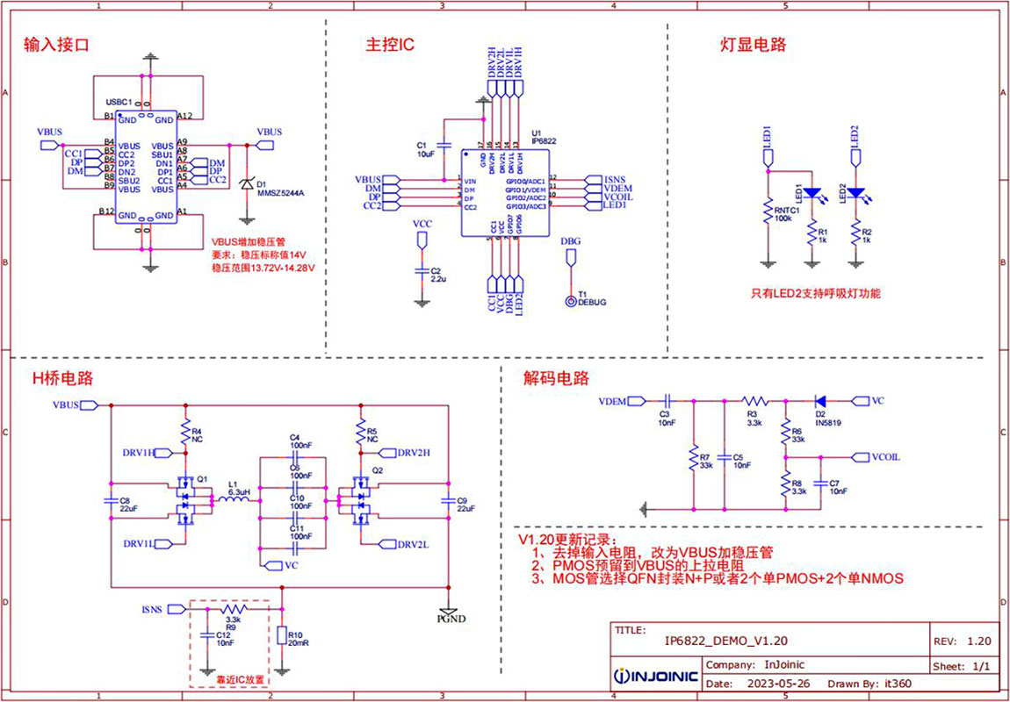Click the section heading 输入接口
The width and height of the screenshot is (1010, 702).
tap(57, 43)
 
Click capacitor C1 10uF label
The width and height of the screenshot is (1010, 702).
tap(425, 149)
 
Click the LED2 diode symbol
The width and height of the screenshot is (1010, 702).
tap(855, 192)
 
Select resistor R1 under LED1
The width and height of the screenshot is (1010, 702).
tap(812, 234)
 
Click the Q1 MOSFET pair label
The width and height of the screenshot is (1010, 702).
tap(202, 478)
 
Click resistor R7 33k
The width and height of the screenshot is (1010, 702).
tap(694, 458)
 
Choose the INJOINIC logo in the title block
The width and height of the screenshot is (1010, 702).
tap(656, 677)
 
